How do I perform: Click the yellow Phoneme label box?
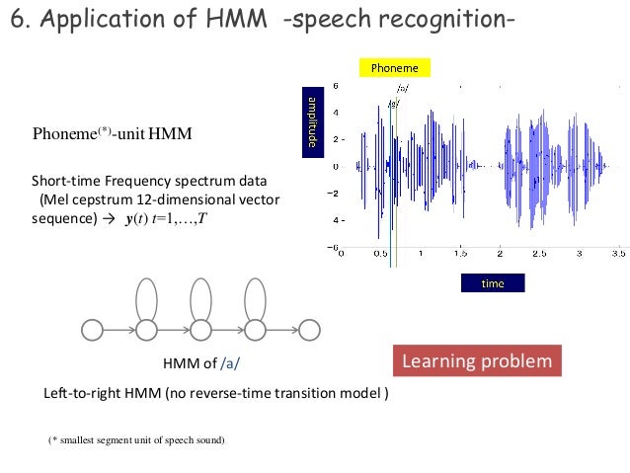(x=394, y=68)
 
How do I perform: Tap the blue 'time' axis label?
(x=492, y=283)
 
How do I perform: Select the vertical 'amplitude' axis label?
(x=309, y=122)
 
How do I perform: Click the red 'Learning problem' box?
(x=477, y=361)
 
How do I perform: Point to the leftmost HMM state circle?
(x=93, y=328)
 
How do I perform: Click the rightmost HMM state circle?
(x=311, y=328)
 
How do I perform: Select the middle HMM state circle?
(x=202, y=328)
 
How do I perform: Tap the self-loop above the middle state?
(x=202, y=295)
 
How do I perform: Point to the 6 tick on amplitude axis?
(x=336, y=86)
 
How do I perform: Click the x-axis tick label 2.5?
(x=539, y=253)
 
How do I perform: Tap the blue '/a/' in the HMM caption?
(x=230, y=363)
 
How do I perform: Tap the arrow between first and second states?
(x=119, y=328)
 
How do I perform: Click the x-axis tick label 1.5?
(x=460, y=253)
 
